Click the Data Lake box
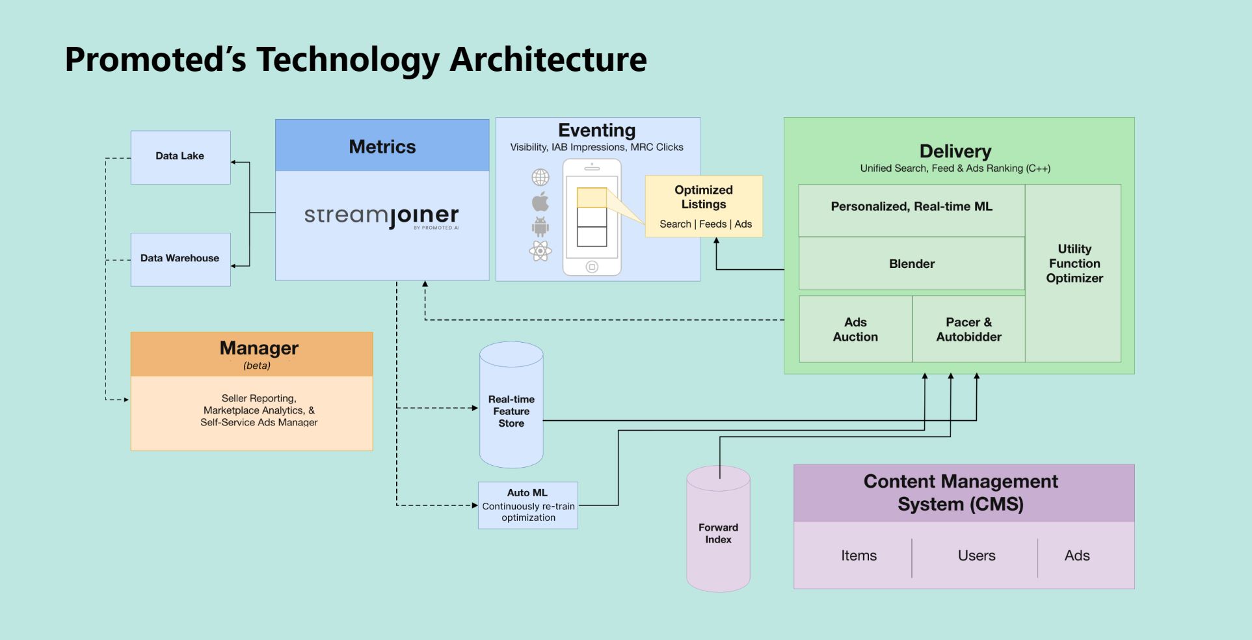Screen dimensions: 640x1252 click(180, 157)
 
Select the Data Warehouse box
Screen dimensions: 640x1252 click(180, 259)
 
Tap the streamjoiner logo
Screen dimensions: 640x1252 click(382, 216)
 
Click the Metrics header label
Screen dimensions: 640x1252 click(382, 146)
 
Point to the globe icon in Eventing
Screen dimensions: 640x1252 click(540, 177)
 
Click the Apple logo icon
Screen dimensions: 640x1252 click(540, 202)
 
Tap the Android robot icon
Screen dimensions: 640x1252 click(540, 226)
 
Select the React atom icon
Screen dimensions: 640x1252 click(540, 250)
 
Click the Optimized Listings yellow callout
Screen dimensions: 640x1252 click(704, 206)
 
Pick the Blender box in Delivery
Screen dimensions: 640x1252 click(911, 263)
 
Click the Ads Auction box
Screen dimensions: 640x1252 click(855, 329)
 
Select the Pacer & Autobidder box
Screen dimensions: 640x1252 click(968, 329)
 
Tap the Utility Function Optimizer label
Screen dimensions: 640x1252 click(1074, 263)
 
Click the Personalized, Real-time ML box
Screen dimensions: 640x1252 click(911, 207)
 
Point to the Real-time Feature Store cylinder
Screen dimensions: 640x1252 click(511, 410)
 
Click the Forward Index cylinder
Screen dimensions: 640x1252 click(718, 533)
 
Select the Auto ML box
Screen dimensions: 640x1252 click(527, 505)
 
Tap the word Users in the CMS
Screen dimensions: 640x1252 click(976, 555)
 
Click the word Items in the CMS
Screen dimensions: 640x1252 click(859, 555)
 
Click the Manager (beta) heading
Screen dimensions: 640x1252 click(258, 349)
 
